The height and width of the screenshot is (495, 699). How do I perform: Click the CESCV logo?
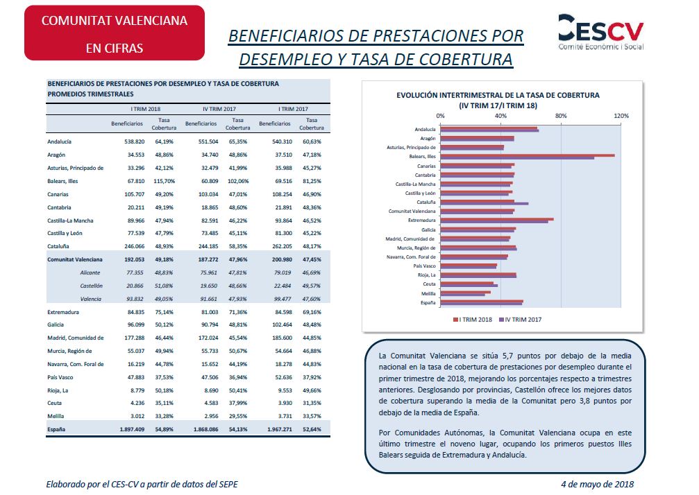601,32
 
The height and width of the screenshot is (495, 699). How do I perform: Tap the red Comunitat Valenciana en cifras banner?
115,33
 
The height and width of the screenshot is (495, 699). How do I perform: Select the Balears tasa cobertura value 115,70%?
164,181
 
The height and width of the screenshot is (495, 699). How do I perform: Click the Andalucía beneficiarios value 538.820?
135,141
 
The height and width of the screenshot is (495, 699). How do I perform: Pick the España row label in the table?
56,430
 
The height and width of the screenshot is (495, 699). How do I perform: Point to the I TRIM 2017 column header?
294,109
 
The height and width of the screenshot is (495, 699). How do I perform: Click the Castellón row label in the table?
92,286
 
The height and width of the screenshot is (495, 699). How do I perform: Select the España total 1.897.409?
132,430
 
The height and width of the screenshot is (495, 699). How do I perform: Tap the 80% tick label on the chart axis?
561,116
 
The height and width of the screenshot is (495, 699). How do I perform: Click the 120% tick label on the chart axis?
621,116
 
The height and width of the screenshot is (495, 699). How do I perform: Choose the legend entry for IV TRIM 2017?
520,320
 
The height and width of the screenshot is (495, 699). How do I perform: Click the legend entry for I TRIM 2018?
473,320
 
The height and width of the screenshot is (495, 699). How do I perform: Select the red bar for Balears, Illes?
528,155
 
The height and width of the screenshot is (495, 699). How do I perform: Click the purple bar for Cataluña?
484,203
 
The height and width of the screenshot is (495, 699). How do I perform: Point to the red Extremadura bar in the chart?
497,219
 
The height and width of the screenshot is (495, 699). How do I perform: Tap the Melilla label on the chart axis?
428,294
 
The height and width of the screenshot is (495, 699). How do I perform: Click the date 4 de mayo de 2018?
597,485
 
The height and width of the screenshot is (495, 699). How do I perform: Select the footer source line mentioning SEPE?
142,485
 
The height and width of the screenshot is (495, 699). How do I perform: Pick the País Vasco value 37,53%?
164,377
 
